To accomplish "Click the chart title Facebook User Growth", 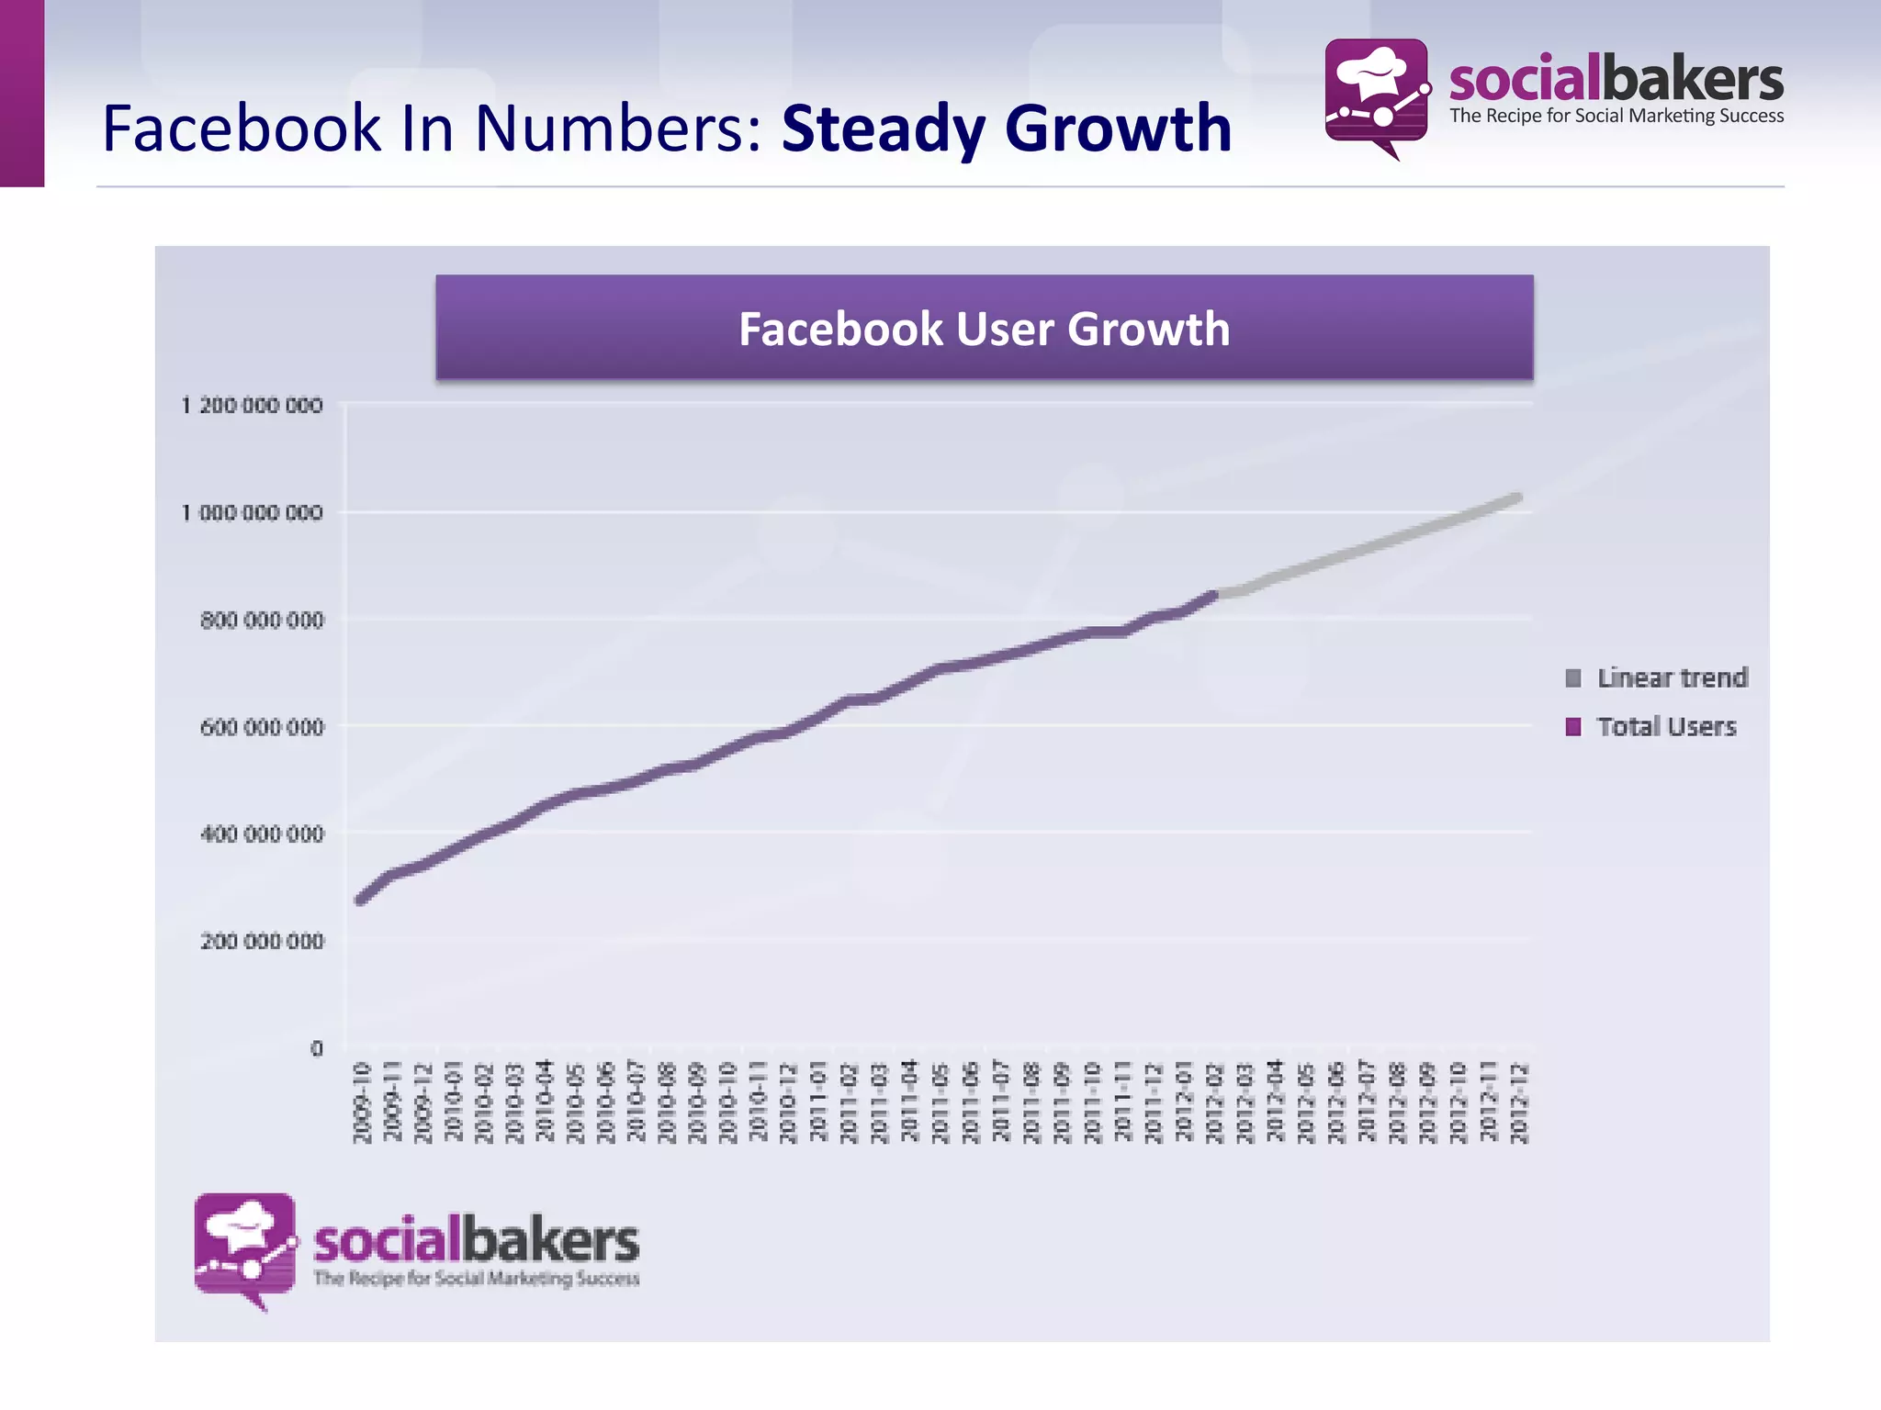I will point(984,329).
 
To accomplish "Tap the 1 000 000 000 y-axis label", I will point(253,512).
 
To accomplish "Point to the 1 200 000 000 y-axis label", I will point(253,405).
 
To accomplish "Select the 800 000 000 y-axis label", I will point(262,621).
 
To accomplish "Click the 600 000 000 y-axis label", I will point(262,727).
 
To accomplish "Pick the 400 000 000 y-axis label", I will point(262,834).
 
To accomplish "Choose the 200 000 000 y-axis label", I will point(262,941).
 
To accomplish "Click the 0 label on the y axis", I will point(317,1048).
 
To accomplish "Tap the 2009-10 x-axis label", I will point(362,1102).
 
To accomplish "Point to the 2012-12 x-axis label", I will point(1519,1102).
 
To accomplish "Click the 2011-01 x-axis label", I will point(818,1102).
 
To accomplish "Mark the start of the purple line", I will point(360,901).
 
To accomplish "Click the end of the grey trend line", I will point(1518,498).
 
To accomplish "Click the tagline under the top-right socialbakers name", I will point(1616,117).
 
